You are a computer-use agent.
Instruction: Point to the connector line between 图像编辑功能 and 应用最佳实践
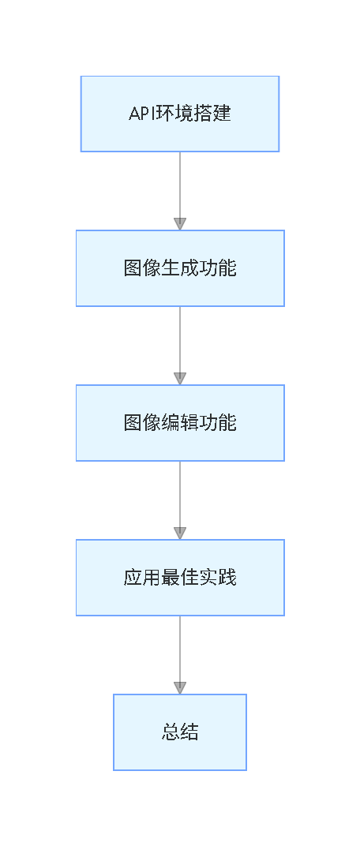coord(180,492)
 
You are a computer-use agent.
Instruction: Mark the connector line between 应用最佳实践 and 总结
coord(180,647)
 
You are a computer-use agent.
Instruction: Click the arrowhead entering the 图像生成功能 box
coord(180,224)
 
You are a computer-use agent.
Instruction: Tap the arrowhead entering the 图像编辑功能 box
coord(180,379)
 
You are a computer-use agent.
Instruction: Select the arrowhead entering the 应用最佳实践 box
coord(180,533)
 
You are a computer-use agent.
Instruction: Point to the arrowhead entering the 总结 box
coord(180,688)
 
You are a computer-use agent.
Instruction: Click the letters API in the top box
coord(141,114)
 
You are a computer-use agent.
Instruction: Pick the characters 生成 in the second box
coord(180,268)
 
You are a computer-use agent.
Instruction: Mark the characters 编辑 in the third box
coord(180,423)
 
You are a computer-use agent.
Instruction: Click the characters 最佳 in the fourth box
coord(180,578)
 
